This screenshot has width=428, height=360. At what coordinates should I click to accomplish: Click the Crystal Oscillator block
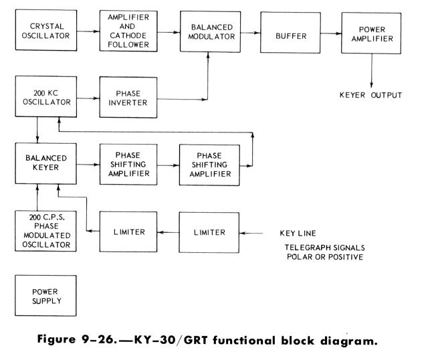click(x=44, y=32)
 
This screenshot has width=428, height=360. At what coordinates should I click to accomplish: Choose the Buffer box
click(x=294, y=32)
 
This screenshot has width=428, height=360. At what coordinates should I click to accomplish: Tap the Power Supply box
click(x=44, y=296)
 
